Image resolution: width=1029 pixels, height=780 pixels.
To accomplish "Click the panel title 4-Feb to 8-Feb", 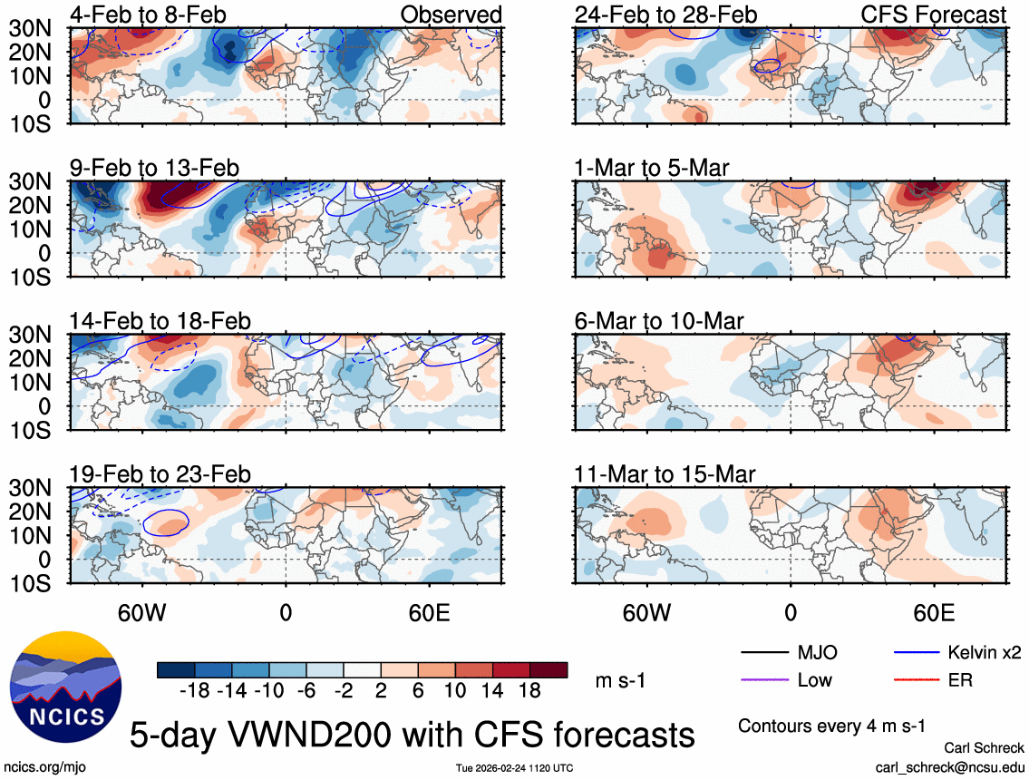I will pos(149,15).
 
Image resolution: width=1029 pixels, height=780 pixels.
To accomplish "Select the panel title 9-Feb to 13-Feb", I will pos(155,168).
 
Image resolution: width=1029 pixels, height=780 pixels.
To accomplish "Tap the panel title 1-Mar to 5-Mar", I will pos(652,168).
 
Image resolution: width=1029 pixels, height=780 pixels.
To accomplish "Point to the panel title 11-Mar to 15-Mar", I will pos(665,474).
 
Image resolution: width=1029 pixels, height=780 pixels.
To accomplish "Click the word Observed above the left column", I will pos(451,15).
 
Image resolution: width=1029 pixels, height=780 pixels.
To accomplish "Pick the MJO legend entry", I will pos(817,652).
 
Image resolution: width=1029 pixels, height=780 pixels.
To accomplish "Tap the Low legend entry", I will pos(815,679).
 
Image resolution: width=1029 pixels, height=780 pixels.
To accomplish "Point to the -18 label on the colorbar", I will pos(195,690).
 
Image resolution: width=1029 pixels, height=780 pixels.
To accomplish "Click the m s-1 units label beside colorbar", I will pos(620,680).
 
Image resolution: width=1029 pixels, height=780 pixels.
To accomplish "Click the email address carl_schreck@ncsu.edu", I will pos(949,767).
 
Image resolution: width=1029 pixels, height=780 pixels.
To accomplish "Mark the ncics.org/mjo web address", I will pos(42,767).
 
